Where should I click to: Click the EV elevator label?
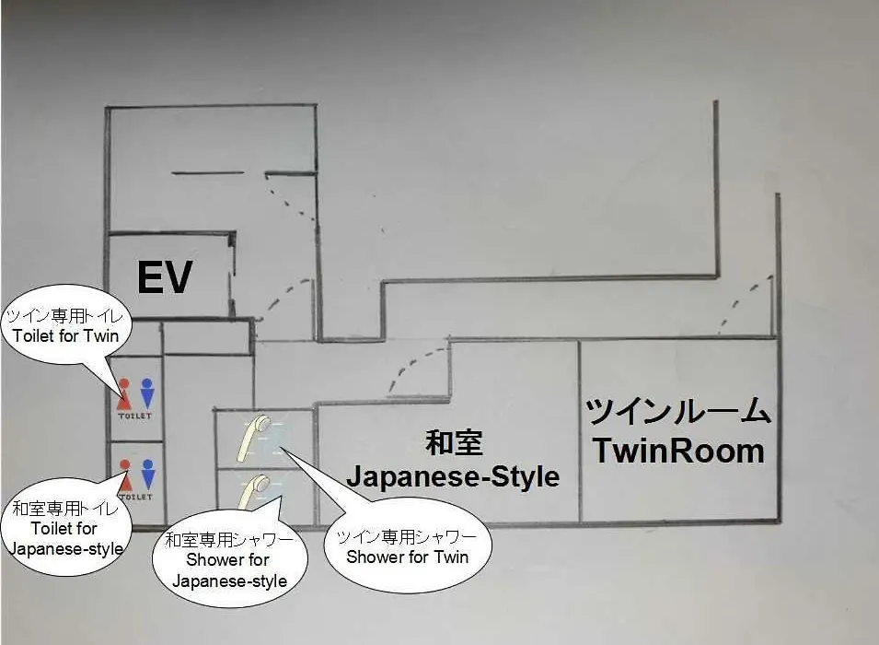[x=165, y=276]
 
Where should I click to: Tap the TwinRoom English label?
[x=678, y=451]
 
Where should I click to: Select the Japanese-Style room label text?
[x=453, y=477]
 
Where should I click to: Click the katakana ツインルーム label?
[x=678, y=412]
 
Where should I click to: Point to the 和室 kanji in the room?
[x=454, y=441]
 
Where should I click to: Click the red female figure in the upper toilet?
[x=124, y=394]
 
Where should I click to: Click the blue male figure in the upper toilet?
[x=147, y=393]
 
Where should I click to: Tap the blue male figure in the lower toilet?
[x=147, y=475]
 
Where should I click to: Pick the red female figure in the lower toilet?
[x=125, y=475]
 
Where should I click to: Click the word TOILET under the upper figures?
[x=134, y=416]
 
